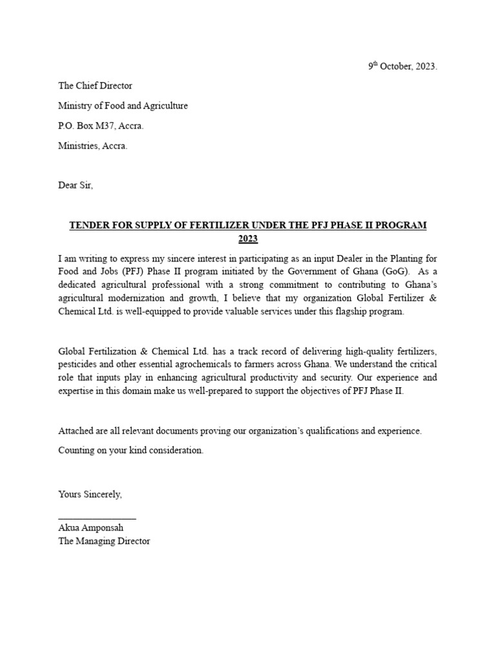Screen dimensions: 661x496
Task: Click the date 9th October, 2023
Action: [402, 66]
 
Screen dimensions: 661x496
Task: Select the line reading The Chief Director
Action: [95, 86]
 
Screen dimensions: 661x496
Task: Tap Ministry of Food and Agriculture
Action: [123, 106]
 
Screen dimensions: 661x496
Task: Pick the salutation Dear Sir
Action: [76, 185]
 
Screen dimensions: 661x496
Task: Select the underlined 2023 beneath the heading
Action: [248, 239]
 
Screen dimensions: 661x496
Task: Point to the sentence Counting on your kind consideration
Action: [130, 451]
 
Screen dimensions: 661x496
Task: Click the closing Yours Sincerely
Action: [90, 494]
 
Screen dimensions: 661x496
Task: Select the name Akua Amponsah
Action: [90, 528]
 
